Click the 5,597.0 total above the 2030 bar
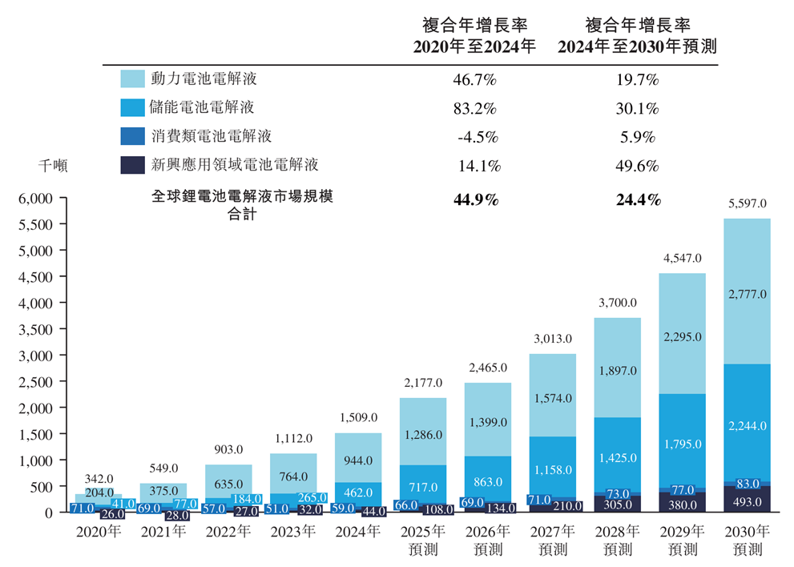(747, 204)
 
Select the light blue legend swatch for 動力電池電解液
(131, 78)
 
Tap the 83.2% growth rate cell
(478, 108)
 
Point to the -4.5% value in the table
(478, 137)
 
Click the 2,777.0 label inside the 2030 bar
(747, 295)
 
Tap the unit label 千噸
(54, 166)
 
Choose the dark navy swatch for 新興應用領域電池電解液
(131, 165)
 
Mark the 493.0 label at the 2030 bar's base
(747, 503)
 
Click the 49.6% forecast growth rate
(638, 166)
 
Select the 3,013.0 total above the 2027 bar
(552, 340)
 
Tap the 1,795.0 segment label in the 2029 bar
(682, 444)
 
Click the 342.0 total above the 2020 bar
(99, 478)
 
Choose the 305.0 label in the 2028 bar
(617, 505)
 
